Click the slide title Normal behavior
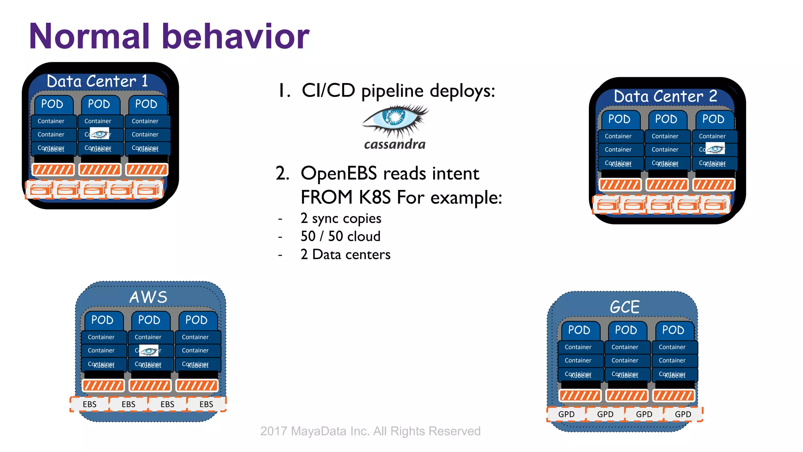169,36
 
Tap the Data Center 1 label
97,81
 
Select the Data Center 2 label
665,96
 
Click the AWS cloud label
148,297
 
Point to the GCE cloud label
625,307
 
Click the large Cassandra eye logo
395,119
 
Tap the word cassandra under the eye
394,144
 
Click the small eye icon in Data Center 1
100,134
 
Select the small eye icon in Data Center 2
715,149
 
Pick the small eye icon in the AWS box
149,350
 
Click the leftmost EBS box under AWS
89,404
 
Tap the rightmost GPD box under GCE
683,414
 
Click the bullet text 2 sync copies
340,218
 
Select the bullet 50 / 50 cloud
340,236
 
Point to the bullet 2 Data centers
345,255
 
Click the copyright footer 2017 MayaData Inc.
370,431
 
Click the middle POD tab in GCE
626,330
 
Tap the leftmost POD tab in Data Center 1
52,104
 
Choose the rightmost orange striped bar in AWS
196,385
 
